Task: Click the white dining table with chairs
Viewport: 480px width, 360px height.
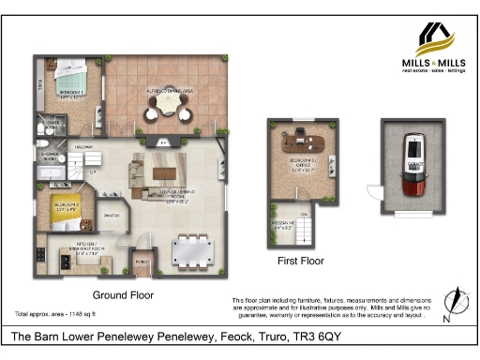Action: pyautogui.click(x=199, y=248)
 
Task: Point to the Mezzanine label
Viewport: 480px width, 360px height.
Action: pyautogui.click(x=284, y=223)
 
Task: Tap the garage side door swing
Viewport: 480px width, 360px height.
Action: pyautogui.click(x=373, y=191)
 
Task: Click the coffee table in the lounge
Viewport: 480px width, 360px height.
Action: pyautogui.click(x=165, y=172)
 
